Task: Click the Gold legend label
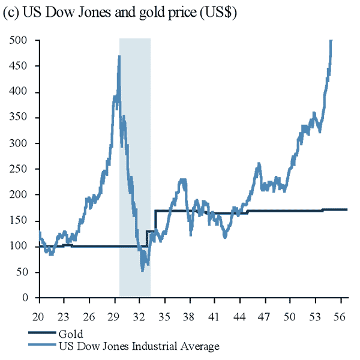pos(71,334)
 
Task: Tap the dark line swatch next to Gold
pos(42,334)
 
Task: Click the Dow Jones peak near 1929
pos(119,56)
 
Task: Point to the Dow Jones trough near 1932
pos(142,270)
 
